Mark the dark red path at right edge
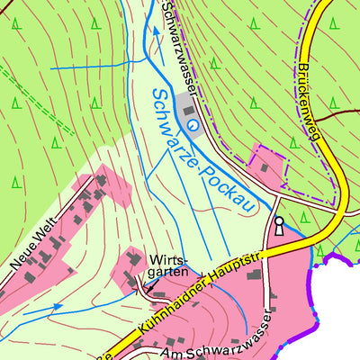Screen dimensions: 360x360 [346, 111]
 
